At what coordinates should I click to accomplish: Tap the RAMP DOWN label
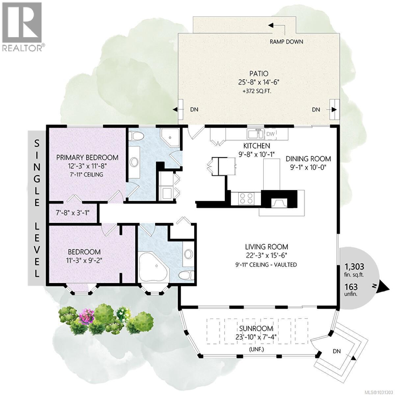pyautogui.click(x=286, y=41)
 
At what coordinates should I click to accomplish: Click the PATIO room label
pyautogui.click(x=258, y=74)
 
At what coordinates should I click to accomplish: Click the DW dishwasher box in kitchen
pyautogui.click(x=270, y=134)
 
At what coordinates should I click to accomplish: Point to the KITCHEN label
pyautogui.click(x=257, y=145)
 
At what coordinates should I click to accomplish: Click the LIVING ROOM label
pyautogui.click(x=266, y=247)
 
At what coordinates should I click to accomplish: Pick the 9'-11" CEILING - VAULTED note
pyautogui.click(x=266, y=264)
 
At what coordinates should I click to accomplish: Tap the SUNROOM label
pyautogui.click(x=256, y=328)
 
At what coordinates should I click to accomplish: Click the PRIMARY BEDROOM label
pyautogui.click(x=87, y=157)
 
